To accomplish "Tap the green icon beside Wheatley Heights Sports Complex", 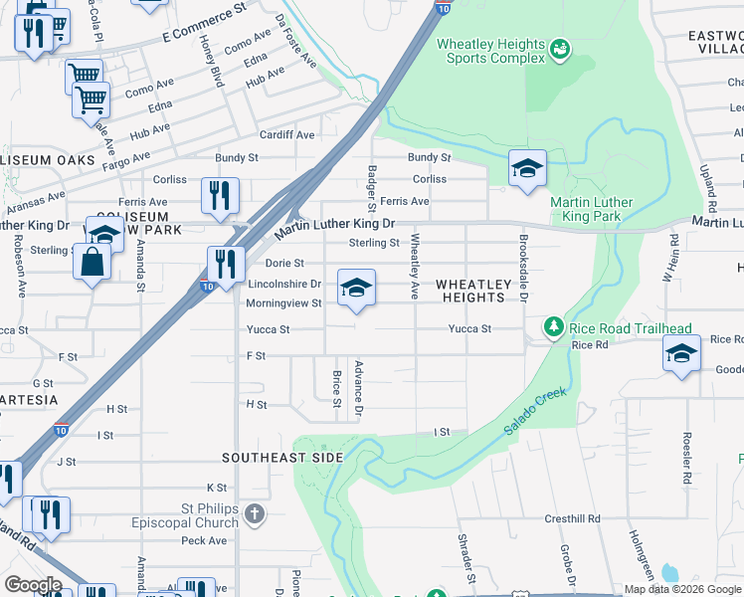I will (x=559, y=47).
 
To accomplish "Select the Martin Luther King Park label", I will (x=592, y=209).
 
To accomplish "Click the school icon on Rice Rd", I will (x=681, y=354).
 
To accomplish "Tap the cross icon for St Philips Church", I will (x=255, y=514).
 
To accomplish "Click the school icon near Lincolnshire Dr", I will (x=356, y=289).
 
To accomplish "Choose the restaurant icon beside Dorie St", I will (x=226, y=264).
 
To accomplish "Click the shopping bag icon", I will (x=91, y=263).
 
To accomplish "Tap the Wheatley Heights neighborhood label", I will (x=471, y=291).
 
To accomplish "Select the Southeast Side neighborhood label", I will (x=282, y=458).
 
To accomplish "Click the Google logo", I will (x=33, y=585).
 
